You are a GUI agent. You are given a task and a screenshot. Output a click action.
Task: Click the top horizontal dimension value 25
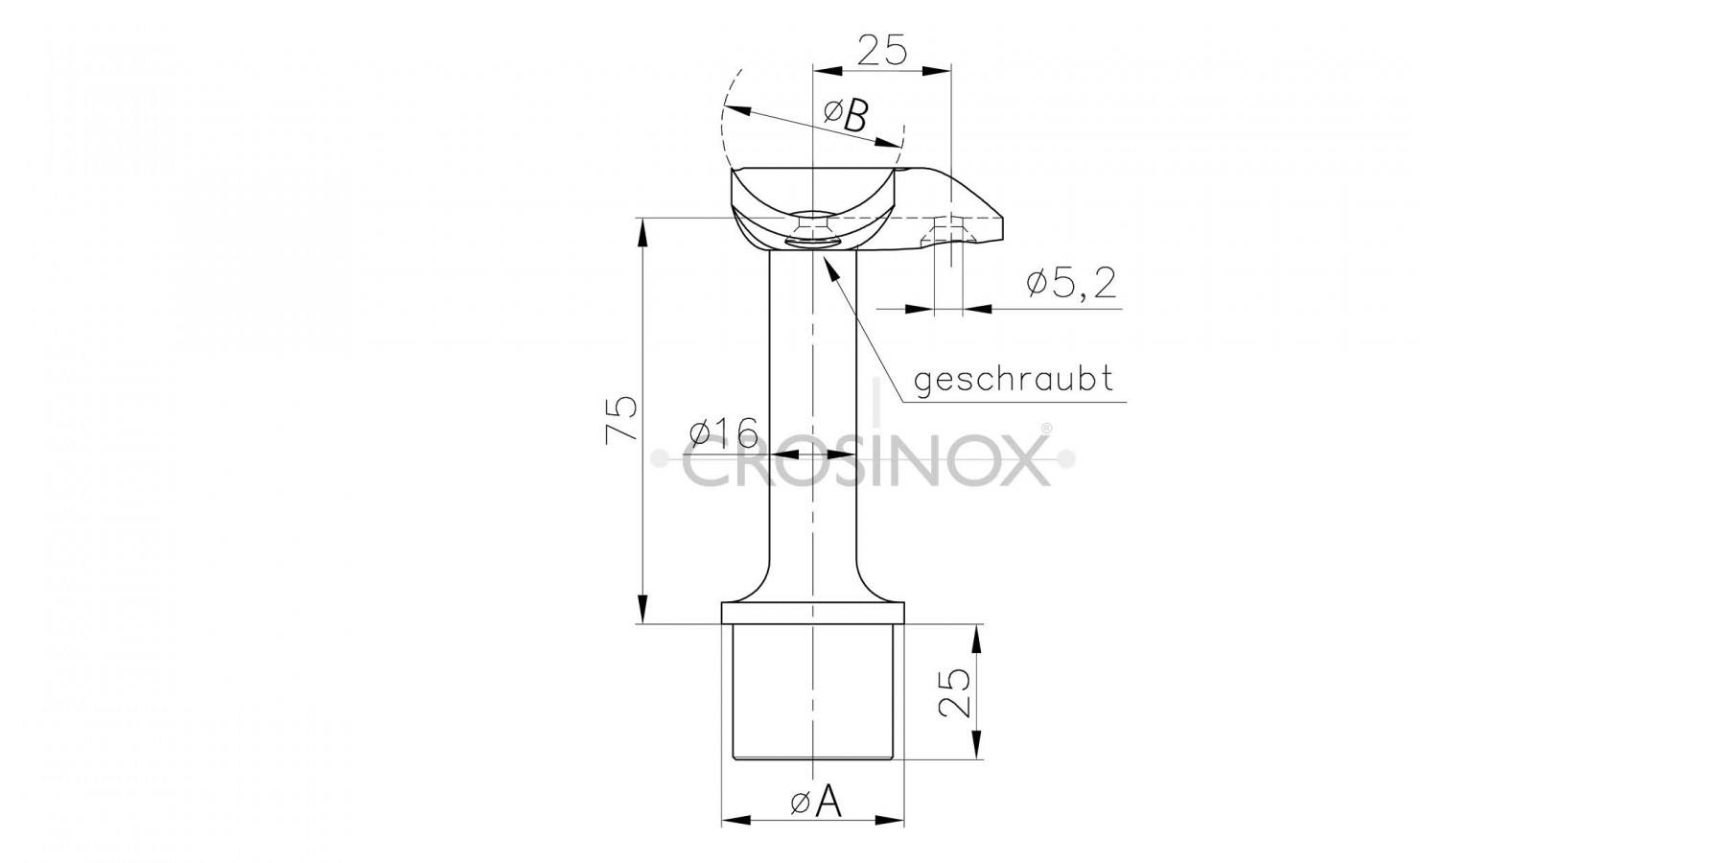click(x=882, y=49)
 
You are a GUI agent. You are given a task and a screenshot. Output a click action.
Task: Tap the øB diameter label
click(x=846, y=116)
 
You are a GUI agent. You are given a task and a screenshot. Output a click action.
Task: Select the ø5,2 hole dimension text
click(x=1071, y=284)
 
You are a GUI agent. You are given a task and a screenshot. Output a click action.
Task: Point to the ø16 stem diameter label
click(x=724, y=433)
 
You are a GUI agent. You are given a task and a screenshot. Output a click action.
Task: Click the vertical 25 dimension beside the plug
click(x=953, y=692)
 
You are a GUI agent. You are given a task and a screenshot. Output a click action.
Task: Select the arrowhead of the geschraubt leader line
click(x=831, y=264)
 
